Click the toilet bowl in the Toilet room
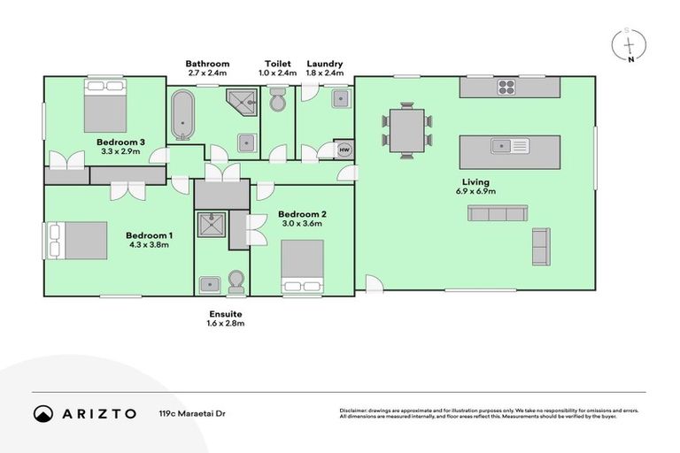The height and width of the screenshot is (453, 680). coord(277,103)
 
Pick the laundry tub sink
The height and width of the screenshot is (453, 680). coord(340,99)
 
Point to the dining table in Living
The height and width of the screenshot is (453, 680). coord(406,130)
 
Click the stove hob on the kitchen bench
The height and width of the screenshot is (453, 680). coord(506,87)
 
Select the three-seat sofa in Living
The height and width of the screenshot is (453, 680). coord(498,213)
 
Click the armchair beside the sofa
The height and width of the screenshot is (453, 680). coord(540,246)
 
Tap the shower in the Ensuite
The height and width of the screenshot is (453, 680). coord(212,226)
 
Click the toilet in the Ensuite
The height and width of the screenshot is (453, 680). coord(236,281)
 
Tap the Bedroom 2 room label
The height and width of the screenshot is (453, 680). coord(303,214)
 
